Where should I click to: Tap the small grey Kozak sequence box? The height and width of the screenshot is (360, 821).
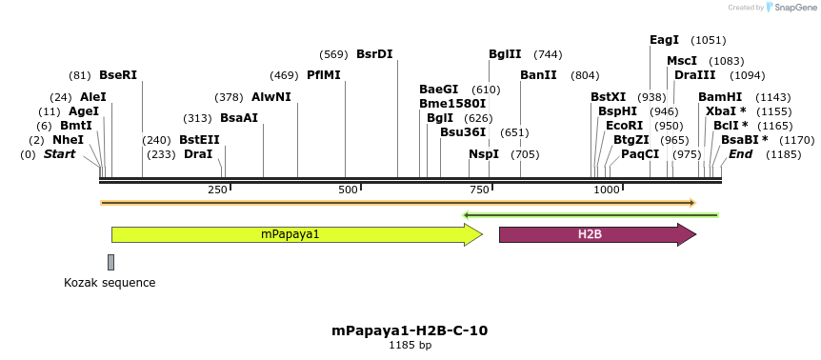coord(110,262)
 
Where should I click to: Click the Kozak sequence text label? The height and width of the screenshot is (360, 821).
coord(110,283)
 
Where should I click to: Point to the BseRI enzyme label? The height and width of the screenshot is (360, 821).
coord(118,74)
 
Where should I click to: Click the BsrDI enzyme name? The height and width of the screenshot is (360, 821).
coord(374,54)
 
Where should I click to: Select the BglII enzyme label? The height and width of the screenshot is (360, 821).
coord(505,54)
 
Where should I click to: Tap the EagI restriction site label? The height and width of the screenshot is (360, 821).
coord(664,40)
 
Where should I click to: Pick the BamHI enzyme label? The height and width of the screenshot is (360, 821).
coord(720,97)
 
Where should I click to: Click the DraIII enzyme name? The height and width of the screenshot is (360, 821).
coord(693,74)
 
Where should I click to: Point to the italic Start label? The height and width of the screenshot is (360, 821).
coord(59,154)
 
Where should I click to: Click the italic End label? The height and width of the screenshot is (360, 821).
coord(741,154)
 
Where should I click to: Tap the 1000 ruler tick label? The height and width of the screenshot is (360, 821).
coord(607,190)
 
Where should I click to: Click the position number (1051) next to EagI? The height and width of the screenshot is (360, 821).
coord(709,40)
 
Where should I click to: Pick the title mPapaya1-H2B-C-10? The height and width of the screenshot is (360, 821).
coord(410,330)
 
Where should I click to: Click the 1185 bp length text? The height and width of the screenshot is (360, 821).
coord(410,345)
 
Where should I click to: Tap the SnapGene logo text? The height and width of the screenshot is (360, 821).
coord(792,8)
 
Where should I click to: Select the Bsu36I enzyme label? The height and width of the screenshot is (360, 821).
coord(463,132)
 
